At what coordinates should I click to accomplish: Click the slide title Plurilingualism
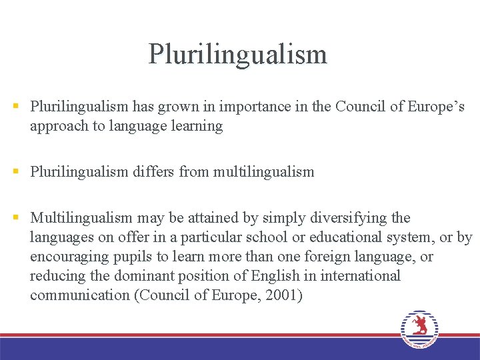click(x=238, y=54)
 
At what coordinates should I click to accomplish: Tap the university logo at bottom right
click(x=419, y=329)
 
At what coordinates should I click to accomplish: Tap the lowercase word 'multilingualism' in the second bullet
click(x=263, y=172)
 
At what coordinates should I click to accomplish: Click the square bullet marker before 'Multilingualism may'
click(x=15, y=218)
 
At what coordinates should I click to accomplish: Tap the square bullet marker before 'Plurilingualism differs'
click(x=15, y=172)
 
